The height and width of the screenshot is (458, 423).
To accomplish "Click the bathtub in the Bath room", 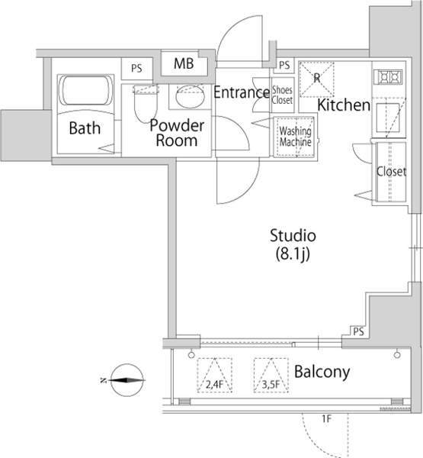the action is tap(86, 90).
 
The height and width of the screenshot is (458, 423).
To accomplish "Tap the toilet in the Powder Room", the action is tap(146, 103).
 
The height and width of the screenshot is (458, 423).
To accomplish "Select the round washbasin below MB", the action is tap(191, 97).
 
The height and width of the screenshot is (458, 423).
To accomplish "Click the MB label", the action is tap(184, 63).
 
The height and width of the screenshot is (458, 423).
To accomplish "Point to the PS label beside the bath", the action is tap(136, 69).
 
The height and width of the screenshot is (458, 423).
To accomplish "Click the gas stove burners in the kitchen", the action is tap(390, 77).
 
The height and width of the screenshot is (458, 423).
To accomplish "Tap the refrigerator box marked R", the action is tap(317, 79).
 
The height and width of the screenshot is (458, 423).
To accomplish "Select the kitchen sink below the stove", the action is tap(388, 118).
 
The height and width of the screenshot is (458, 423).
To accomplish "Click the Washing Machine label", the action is tap(295, 137).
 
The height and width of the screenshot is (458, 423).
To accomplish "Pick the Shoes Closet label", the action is tap(282, 95).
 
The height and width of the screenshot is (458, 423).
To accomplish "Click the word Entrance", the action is tap(242, 92).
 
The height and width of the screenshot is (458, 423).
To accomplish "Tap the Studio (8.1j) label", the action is tap(293, 245).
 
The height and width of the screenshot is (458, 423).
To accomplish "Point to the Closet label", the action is tap(391, 172).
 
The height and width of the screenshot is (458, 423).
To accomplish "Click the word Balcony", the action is tap(322, 373).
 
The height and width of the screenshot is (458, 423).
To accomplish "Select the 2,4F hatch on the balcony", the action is tap(215, 375).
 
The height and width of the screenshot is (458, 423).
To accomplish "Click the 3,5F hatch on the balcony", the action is tap(271, 375).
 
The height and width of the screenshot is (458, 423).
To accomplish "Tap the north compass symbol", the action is tap(127, 380).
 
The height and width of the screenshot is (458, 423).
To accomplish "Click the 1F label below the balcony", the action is tap(327, 419).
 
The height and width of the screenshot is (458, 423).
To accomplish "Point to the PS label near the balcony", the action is tap(358, 332).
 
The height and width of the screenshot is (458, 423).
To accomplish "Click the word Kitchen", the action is tap(344, 105).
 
